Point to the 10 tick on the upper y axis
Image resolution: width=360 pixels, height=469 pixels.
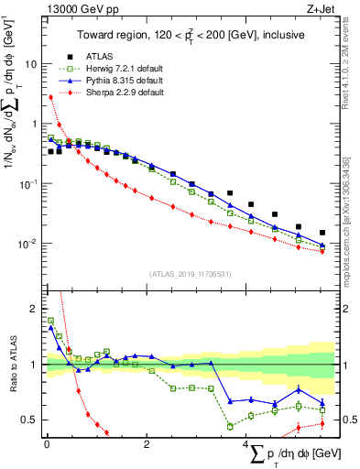pyautogui.click(x=30, y=65)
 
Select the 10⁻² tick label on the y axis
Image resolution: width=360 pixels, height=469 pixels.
pyautogui.click(x=26, y=244)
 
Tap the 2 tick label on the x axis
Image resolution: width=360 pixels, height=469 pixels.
pyautogui.click(x=147, y=444)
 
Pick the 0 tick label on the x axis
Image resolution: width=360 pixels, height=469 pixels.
pyautogui.click(x=46, y=444)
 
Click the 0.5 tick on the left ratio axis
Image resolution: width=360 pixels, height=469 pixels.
pyautogui.click(x=28, y=420)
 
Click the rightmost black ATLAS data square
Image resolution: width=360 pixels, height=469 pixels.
pyautogui.click(x=322, y=233)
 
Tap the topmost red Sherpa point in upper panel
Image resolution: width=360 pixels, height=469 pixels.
pyautogui.click(x=50, y=96)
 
